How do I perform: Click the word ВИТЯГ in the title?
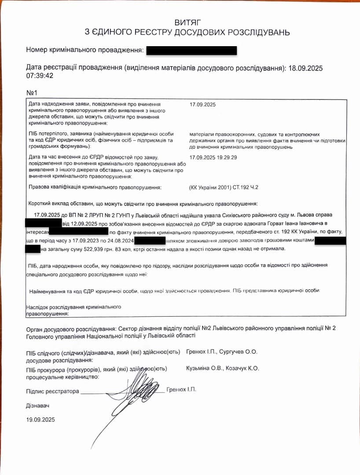[189, 22]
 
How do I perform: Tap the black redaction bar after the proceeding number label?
[191, 51]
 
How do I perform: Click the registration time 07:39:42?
[40, 76]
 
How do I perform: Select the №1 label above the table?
[32, 93]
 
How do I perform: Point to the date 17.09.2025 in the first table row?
[202, 105]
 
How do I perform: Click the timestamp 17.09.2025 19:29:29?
[213, 157]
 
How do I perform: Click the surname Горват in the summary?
[263, 223]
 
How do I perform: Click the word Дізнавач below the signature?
[37, 405]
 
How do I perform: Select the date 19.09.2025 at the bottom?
[40, 420]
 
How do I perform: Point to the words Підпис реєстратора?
[52, 391]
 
